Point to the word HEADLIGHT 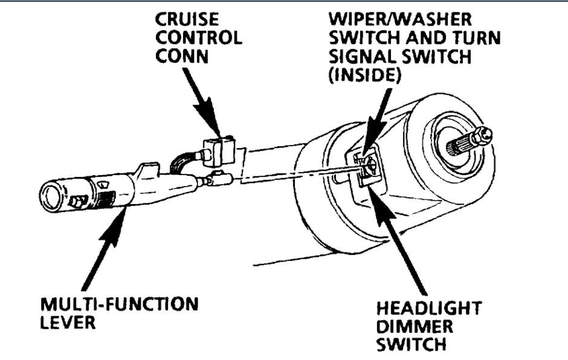(x=428, y=309)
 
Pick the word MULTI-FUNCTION (x=119, y=304)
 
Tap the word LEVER (x=66, y=323)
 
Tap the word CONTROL (x=199, y=37)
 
